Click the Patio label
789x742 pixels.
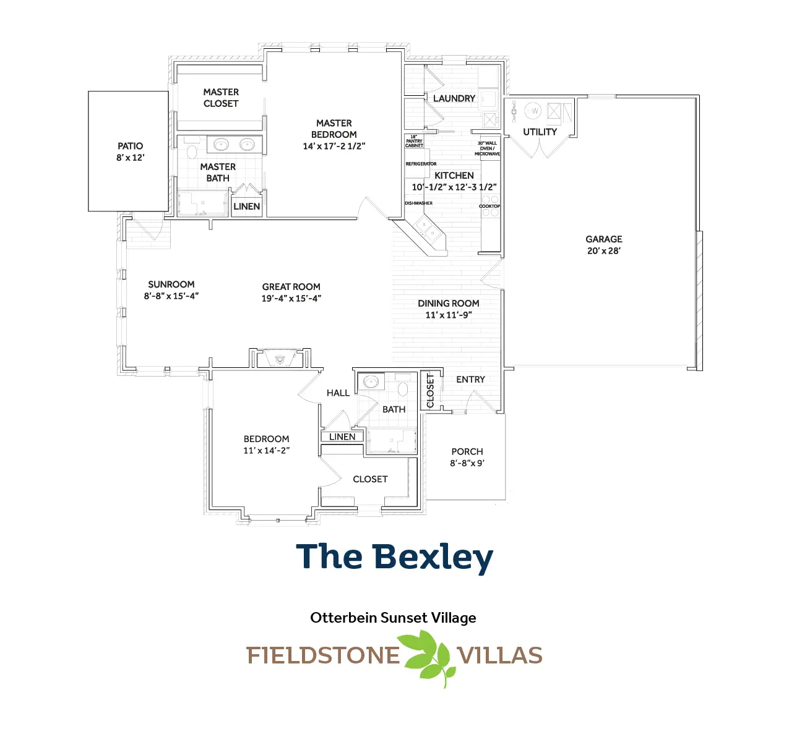click(x=130, y=146)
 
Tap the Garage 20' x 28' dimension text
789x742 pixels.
click(x=603, y=250)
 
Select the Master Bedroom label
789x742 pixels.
click(x=334, y=129)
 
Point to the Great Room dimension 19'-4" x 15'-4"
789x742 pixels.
click(x=291, y=298)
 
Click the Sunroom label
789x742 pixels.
click(x=171, y=284)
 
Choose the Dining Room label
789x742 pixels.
click(x=448, y=304)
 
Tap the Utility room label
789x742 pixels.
click(x=540, y=132)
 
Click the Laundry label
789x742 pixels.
click(x=454, y=98)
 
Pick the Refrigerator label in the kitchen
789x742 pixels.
click(x=421, y=164)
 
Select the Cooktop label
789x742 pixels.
click(x=489, y=206)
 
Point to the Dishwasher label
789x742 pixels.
click(x=418, y=203)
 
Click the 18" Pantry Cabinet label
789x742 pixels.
click(x=414, y=142)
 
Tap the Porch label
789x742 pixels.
click(x=467, y=451)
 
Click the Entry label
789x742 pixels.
click(x=470, y=380)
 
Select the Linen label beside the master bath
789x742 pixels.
click(x=246, y=207)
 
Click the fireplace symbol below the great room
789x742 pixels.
click(x=280, y=359)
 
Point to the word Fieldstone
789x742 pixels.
click(x=322, y=655)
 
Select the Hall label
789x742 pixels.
click(x=338, y=393)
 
